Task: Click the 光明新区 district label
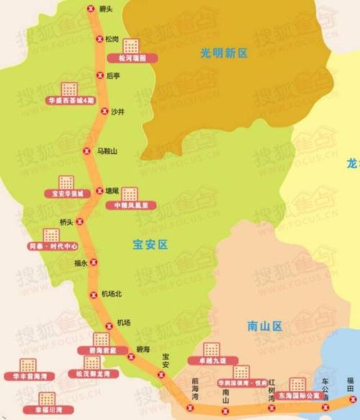pos(224,53)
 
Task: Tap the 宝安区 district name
pos(150,245)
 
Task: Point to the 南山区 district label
pos(263,326)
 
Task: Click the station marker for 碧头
pos(90,9)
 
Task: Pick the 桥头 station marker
pos(80,222)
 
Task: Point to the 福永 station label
pos(80,263)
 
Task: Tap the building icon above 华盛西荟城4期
pos(69,89)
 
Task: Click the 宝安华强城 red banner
pos(68,194)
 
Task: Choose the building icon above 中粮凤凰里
pos(130,193)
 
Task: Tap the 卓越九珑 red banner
pos(210,360)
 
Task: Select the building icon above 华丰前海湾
pos(28,365)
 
